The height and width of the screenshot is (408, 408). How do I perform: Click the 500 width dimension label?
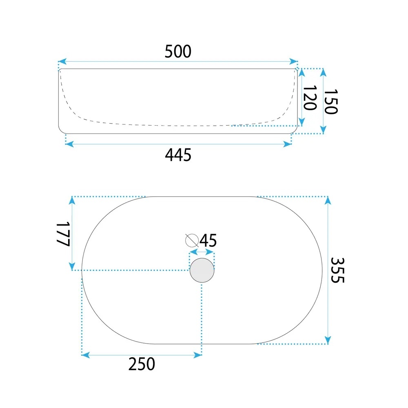coord(178,51)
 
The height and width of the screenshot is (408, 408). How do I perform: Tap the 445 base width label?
coord(178,155)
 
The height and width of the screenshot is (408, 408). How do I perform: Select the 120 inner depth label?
coord(310,98)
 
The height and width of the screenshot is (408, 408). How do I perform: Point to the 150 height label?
coord(331,102)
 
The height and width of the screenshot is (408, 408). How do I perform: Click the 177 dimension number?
coord(63,234)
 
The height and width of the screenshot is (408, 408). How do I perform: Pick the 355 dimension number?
coord(337,270)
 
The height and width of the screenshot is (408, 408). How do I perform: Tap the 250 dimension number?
coord(142,364)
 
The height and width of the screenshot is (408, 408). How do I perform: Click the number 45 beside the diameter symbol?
coord(208,240)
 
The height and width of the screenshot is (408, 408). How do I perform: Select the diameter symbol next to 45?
coord(192,240)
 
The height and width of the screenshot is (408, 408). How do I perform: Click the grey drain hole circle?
coord(202,271)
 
